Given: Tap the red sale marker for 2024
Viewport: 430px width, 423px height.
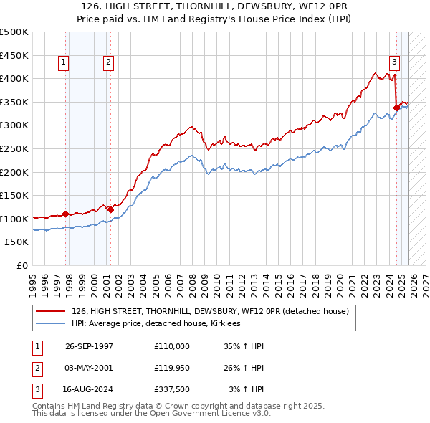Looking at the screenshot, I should [x=396, y=108].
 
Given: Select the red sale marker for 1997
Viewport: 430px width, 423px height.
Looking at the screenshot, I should [x=65, y=214].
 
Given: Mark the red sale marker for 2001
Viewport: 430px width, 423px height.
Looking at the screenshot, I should [x=110, y=209].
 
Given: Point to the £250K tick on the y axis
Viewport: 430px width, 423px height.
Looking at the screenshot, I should [x=14, y=148].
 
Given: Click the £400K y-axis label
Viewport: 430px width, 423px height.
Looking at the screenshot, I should [x=14, y=78].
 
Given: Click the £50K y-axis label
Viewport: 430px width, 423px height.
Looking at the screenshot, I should [x=17, y=242].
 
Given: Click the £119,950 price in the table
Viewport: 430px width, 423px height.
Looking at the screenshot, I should [x=172, y=368].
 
